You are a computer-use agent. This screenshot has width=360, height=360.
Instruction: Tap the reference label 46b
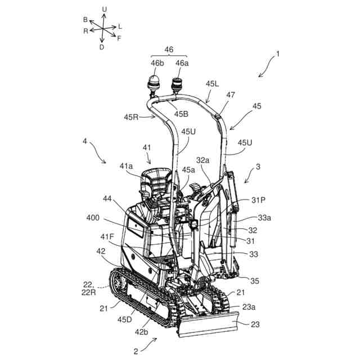click(157, 63)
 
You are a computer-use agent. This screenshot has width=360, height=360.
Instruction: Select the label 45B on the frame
click(181, 114)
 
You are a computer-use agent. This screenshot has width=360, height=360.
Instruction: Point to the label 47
click(231, 96)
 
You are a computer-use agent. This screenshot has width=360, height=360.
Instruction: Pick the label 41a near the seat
click(127, 166)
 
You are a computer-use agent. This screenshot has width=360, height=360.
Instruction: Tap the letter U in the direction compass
click(104, 9)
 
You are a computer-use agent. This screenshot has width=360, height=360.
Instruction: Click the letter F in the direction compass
click(119, 38)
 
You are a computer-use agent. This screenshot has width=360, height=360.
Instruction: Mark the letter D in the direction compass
click(101, 47)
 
